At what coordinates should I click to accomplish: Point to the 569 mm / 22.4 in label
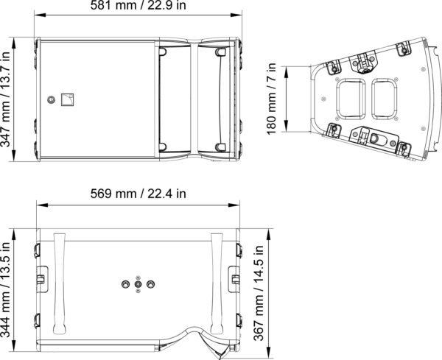point(138,194)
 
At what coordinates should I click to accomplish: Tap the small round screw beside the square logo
point(51,99)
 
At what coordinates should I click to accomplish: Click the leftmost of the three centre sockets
point(125,284)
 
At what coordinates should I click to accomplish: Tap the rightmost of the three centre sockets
point(151,284)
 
